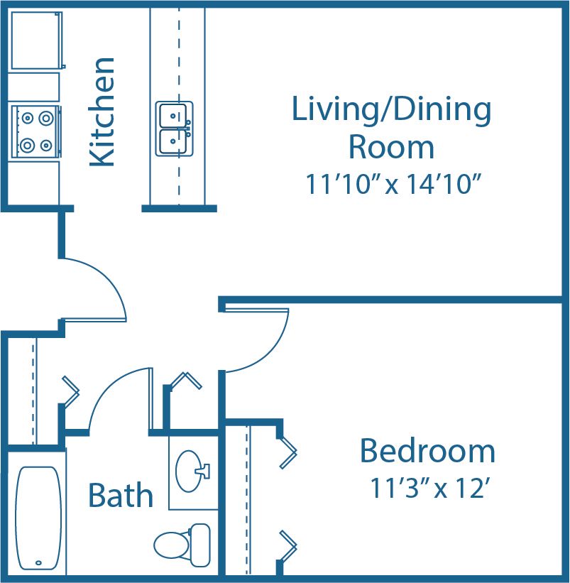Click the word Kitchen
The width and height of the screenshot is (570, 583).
coord(103,112)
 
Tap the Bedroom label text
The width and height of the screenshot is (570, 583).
coord(427,452)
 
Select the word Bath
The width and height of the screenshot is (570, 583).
coord(121,495)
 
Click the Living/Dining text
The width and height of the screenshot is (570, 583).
coord(391,111)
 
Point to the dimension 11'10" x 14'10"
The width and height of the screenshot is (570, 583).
coord(395,185)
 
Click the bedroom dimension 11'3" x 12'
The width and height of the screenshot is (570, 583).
coord(427,489)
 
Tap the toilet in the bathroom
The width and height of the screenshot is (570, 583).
coord(182,543)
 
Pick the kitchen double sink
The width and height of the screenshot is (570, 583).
coord(174,129)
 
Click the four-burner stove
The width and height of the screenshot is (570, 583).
coord(35,131)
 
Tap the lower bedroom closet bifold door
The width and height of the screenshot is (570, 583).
coord(288,543)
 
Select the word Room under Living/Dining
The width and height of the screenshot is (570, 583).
coord(391,147)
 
